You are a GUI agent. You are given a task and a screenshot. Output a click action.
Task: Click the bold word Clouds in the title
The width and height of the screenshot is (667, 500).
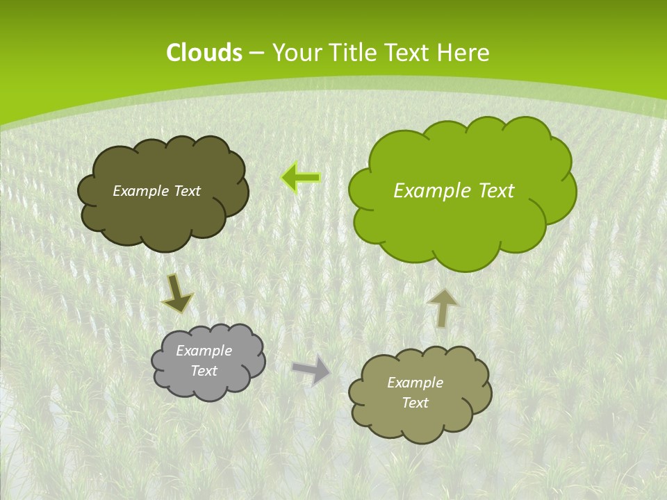(x=204, y=53)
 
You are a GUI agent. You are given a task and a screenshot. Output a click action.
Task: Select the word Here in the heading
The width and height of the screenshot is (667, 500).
(x=465, y=53)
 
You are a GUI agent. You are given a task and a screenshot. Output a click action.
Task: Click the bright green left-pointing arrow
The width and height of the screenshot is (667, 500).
(x=301, y=178)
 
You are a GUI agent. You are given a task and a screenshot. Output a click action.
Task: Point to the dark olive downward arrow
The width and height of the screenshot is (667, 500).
(x=177, y=294)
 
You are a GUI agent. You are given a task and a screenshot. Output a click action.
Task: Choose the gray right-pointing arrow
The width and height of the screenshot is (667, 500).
(x=312, y=369)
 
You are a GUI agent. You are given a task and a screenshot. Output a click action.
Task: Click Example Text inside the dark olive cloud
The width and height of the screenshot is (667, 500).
(x=156, y=191)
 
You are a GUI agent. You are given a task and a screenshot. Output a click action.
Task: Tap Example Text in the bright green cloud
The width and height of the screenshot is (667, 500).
(x=454, y=191)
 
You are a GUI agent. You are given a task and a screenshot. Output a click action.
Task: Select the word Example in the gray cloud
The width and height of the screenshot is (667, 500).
(x=204, y=351)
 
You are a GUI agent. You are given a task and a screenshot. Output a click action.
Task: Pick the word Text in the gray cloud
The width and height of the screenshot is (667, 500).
(x=204, y=371)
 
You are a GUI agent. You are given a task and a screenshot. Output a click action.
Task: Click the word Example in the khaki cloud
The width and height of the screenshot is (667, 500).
(x=415, y=383)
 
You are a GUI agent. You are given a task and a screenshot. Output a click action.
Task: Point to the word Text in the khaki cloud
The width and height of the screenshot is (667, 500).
(x=415, y=403)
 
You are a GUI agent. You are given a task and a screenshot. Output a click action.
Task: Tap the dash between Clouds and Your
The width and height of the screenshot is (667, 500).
(x=256, y=53)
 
